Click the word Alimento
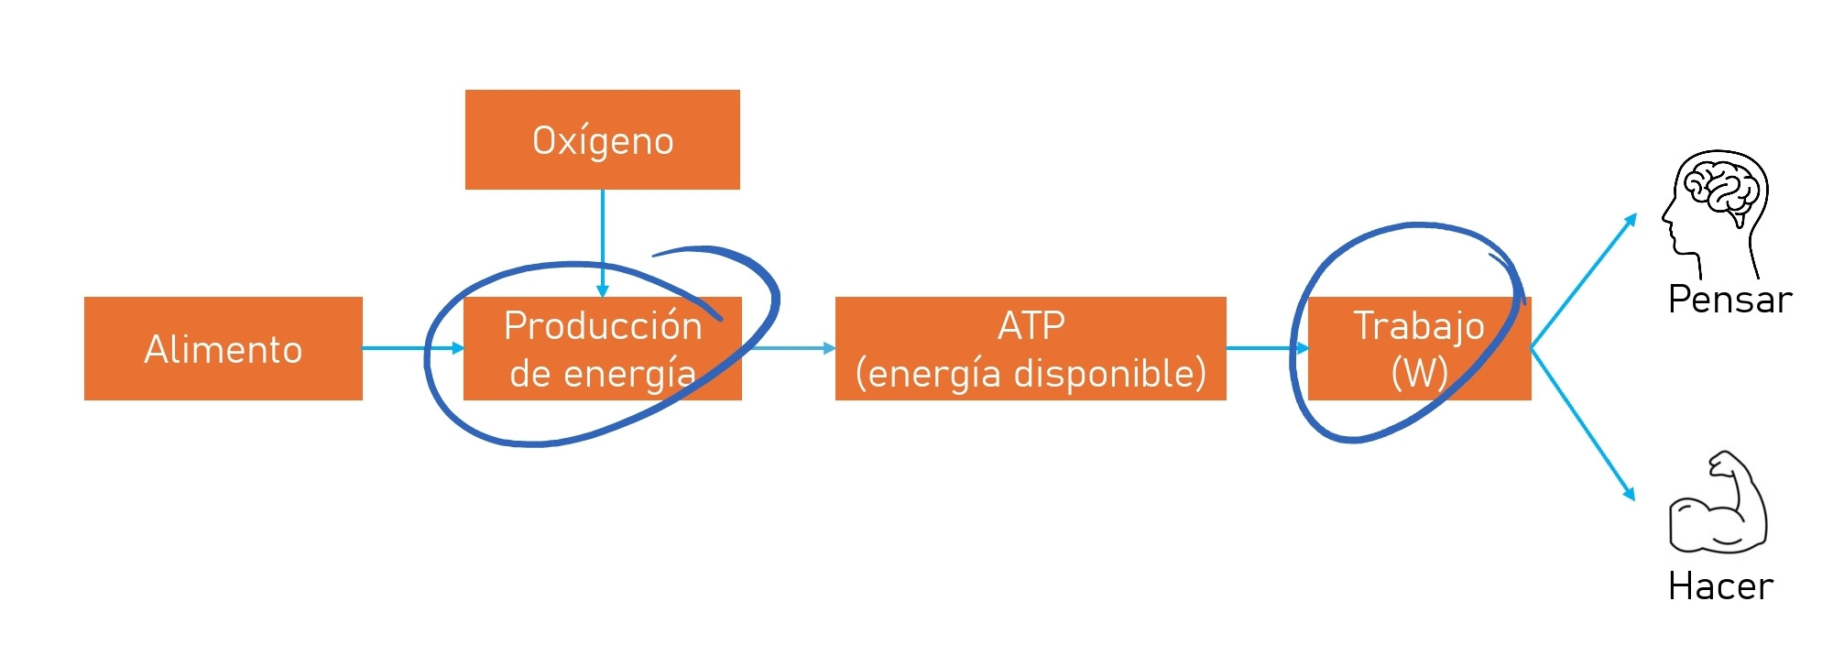[223, 349]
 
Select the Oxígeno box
[602, 140]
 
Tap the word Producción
[603, 326]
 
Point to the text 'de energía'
[602, 374]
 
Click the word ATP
[1031, 326]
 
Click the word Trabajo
[1418, 326]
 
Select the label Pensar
[1729, 300]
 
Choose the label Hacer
[1720, 586]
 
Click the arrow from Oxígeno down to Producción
[602, 243]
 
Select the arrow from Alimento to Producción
[412, 348]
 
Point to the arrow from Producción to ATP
[790, 348]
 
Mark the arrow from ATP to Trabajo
[1267, 348]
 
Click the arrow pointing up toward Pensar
[1585, 279]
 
